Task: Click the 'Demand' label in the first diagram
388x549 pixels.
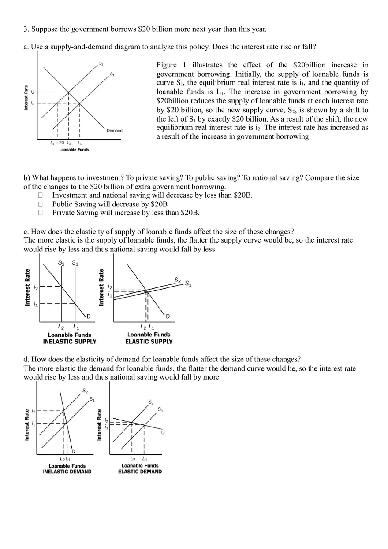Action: click(x=115, y=130)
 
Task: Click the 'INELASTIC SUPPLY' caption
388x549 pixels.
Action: click(x=69, y=341)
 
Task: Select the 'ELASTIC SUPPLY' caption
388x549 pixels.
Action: click(x=149, y=341)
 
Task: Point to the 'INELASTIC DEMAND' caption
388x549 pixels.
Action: click(x=67, y=472)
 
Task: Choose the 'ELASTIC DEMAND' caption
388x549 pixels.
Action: click(x=140, y=472)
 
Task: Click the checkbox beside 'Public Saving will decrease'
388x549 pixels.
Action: click(x=41, y=204)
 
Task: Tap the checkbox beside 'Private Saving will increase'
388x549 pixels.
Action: click(x=41, y=213)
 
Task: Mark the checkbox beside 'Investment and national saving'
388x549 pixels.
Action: click(x=41, y=195)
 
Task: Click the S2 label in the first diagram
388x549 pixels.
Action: click(x=101, y=64)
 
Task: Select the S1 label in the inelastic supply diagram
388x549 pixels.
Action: click(x=75, y=263)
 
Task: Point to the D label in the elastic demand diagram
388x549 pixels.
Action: click(x=163, y=432)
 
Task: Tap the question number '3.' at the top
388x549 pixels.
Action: click(x=26, y=29)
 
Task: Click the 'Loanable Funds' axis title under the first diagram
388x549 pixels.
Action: click(x=74, y=150)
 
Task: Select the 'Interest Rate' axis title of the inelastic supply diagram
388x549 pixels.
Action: click(x=28, y=287)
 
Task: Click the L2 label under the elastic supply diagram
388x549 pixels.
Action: click(x=142, y=327)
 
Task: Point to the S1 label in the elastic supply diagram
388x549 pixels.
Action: click(x=188, y=284)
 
